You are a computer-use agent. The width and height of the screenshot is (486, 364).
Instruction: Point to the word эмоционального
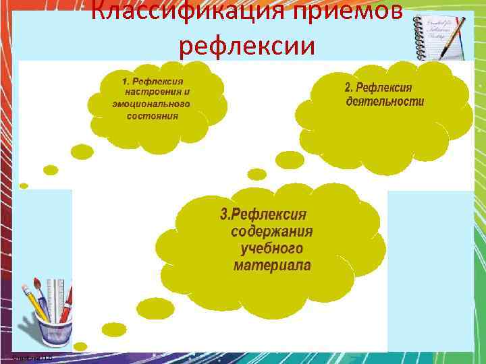click(x=151, y=104)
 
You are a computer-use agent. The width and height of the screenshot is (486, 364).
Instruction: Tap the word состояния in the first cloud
click(x=153, y=115)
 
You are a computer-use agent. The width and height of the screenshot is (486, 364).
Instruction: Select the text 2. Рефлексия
click(x=378, y=88)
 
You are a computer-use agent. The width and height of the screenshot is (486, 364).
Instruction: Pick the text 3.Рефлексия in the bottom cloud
click(x=263, y=215)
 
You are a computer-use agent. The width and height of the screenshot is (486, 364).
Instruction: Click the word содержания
click(x=272, y=232)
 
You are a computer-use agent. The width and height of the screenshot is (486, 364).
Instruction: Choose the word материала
click(x=273, y=266)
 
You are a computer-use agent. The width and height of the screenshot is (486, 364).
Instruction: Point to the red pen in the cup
click(x=66, y=303)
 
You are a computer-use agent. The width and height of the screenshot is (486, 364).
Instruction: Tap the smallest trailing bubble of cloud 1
click(x=24, y=185)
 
